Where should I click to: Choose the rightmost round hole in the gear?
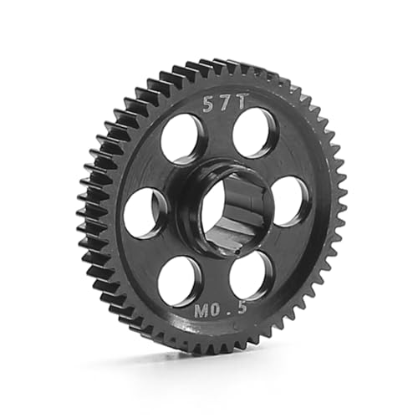(289, 201)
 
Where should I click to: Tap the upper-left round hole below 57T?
(181, 138)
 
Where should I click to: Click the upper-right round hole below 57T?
(254, 132)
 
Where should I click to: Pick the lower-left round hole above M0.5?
(179, 280)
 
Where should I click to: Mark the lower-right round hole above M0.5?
(250, 275)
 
